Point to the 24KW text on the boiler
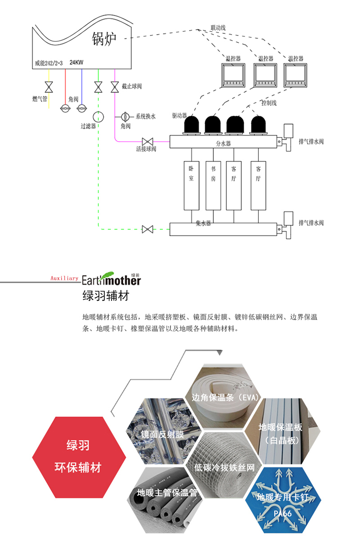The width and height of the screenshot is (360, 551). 76,63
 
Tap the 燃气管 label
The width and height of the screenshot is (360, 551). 40,99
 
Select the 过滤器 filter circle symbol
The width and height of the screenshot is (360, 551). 98,116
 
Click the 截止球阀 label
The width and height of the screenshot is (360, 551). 132,86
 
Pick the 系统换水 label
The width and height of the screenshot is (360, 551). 145,116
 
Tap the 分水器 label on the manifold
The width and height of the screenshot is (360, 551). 223,143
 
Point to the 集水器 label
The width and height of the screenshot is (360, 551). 203,223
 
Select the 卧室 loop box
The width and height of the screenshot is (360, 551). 191,185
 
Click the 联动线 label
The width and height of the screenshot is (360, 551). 218,28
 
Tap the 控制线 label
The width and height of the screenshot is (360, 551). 269,103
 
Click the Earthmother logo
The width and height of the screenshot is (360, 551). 111,278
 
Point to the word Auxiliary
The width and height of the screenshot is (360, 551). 64,278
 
